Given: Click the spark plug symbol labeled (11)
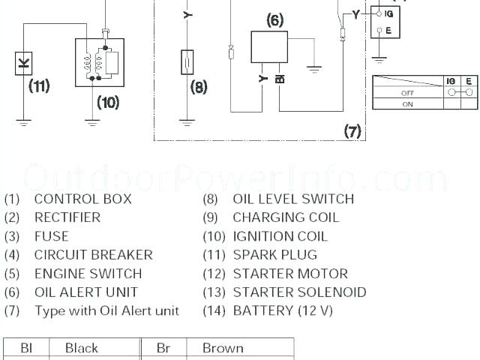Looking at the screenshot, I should pos(25,64).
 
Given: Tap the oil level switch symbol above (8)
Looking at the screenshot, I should pos(188,63).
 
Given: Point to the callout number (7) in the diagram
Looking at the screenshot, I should pos(352,131).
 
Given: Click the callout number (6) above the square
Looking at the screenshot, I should pos(274,20).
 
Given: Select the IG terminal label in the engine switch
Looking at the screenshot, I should pos(388,13).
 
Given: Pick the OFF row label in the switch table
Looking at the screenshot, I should pos(408,93).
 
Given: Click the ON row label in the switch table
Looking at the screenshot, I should pos(408,104).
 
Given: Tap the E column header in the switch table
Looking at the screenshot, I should pos(469,81).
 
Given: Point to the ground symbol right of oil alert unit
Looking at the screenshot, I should pos(314,69).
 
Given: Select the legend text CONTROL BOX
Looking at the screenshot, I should pos(82,199).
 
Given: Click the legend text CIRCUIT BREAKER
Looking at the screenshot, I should pos(93,255).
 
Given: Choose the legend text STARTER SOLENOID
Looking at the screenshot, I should pos(299,292).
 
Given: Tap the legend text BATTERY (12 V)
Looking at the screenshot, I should pos(283,310).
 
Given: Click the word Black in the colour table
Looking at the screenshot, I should pos(82,348).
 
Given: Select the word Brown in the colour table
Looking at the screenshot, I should pos(223,348).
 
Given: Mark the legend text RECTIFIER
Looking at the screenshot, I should pos(67,217).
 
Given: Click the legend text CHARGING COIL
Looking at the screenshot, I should pos(286,217).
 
